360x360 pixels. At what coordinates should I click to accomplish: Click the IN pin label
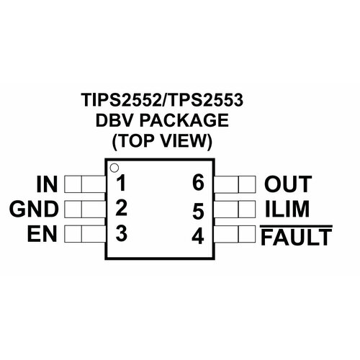coord(47,184)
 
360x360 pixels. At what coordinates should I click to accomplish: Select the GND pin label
coord(34,209)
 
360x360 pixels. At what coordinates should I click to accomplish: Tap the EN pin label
coord(42,233)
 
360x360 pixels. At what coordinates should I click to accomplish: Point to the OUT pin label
coord(288,184)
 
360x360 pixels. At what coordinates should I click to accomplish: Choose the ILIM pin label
coord(287,209)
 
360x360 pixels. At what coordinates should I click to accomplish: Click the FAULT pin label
coord(297,237)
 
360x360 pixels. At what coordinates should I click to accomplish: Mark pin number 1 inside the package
coord(122,183)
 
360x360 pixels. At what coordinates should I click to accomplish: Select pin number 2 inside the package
coord(121,208)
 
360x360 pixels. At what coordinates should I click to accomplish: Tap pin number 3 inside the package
coord(121,233)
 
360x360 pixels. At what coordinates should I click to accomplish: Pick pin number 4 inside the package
coord(198,236)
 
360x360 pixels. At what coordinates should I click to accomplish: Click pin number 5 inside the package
coord(198,211)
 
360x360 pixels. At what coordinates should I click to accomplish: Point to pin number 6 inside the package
coord(198,183)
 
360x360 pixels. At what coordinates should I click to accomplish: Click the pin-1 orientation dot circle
coord(114,168)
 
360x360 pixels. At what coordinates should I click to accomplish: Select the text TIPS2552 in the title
coord(121,99)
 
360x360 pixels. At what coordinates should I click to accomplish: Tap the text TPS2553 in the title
coord(204,99)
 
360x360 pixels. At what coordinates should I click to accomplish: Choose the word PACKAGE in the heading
coord(184,120)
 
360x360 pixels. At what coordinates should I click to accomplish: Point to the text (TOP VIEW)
coord(162,141)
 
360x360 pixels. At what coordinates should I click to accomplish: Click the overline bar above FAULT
coord(297,226)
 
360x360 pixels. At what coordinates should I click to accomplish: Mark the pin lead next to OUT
coord(235,184)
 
